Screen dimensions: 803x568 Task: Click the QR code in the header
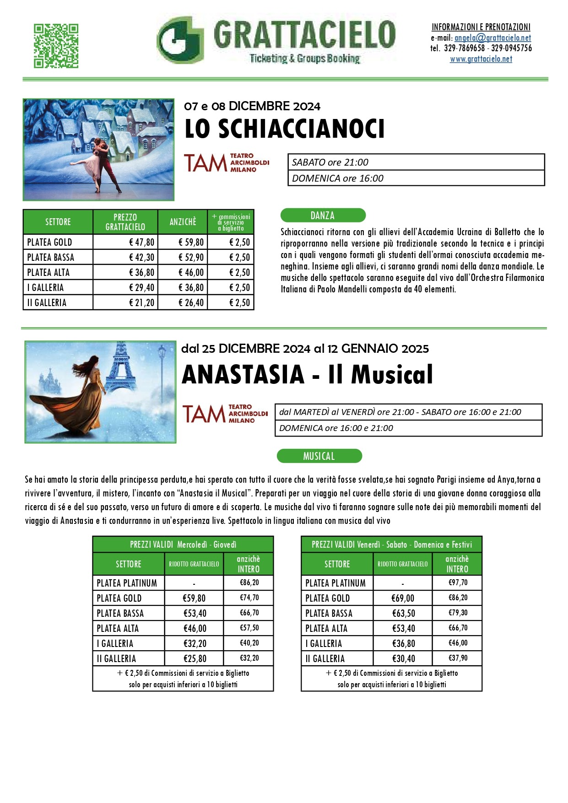[x=56, y=46]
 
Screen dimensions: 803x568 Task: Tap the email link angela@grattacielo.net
[x=492, y=38]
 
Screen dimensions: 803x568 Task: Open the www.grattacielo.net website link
[x=481, y=59]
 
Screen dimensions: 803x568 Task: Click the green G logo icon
[x=180, y=40]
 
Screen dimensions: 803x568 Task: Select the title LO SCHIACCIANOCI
[x=284, y=129]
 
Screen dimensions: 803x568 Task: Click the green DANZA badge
[x=323, y=215]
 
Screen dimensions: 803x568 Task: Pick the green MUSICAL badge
[x=319, y=456]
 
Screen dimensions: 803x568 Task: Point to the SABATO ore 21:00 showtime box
[x=416, y=162]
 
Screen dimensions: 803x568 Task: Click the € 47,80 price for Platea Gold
[x=142, y=242]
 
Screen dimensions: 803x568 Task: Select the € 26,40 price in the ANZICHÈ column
[x=191, y=302]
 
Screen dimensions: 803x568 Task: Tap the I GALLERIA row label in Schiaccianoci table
[x=45, y=287]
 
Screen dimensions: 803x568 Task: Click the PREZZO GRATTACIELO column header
[x=125, y=222]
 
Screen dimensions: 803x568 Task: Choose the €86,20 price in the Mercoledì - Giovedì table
[x=249, y=582]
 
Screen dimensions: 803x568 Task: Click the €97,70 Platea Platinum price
[x=458, y=582]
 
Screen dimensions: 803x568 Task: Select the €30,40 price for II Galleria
[x=403, y=658]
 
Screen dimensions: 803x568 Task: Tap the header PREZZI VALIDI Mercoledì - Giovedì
[x=183, y=544]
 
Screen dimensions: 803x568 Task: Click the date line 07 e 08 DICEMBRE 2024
[x=252, y=106]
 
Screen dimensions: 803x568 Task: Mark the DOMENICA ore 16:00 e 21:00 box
[x=408, y=428]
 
